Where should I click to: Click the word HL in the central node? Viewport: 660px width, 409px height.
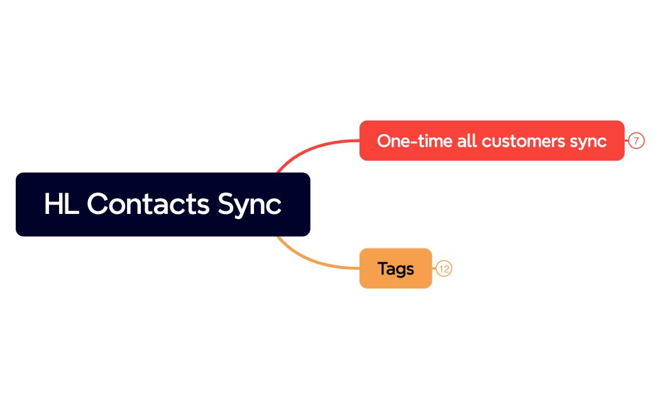pyautogui.click(x=61, y=204)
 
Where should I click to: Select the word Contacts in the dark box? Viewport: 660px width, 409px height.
pyautogui.click(x=148, y=204)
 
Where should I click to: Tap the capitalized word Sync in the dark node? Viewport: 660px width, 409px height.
pyautogui.click(x=249, y=204)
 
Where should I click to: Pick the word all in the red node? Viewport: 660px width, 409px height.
pyautogui.click(x=467, y=141)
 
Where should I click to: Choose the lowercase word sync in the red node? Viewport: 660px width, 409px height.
pyautogui.click(x=588, y=141)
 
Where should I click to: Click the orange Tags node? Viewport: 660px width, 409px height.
pyautogui.click(x=395, y=269)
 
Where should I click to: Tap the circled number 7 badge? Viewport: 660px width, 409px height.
pyautogui.click(x=636, y=141)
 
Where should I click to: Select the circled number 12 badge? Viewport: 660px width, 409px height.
pyautogui.click(x=444, y=269)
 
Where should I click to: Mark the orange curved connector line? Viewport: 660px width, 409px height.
pyautogui.click(x=308, y=259)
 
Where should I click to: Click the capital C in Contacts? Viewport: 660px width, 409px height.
pyautogui.click(x=96, y=204)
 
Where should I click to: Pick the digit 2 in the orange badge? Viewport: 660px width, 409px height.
pyautogui.click(x=446, y=269)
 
